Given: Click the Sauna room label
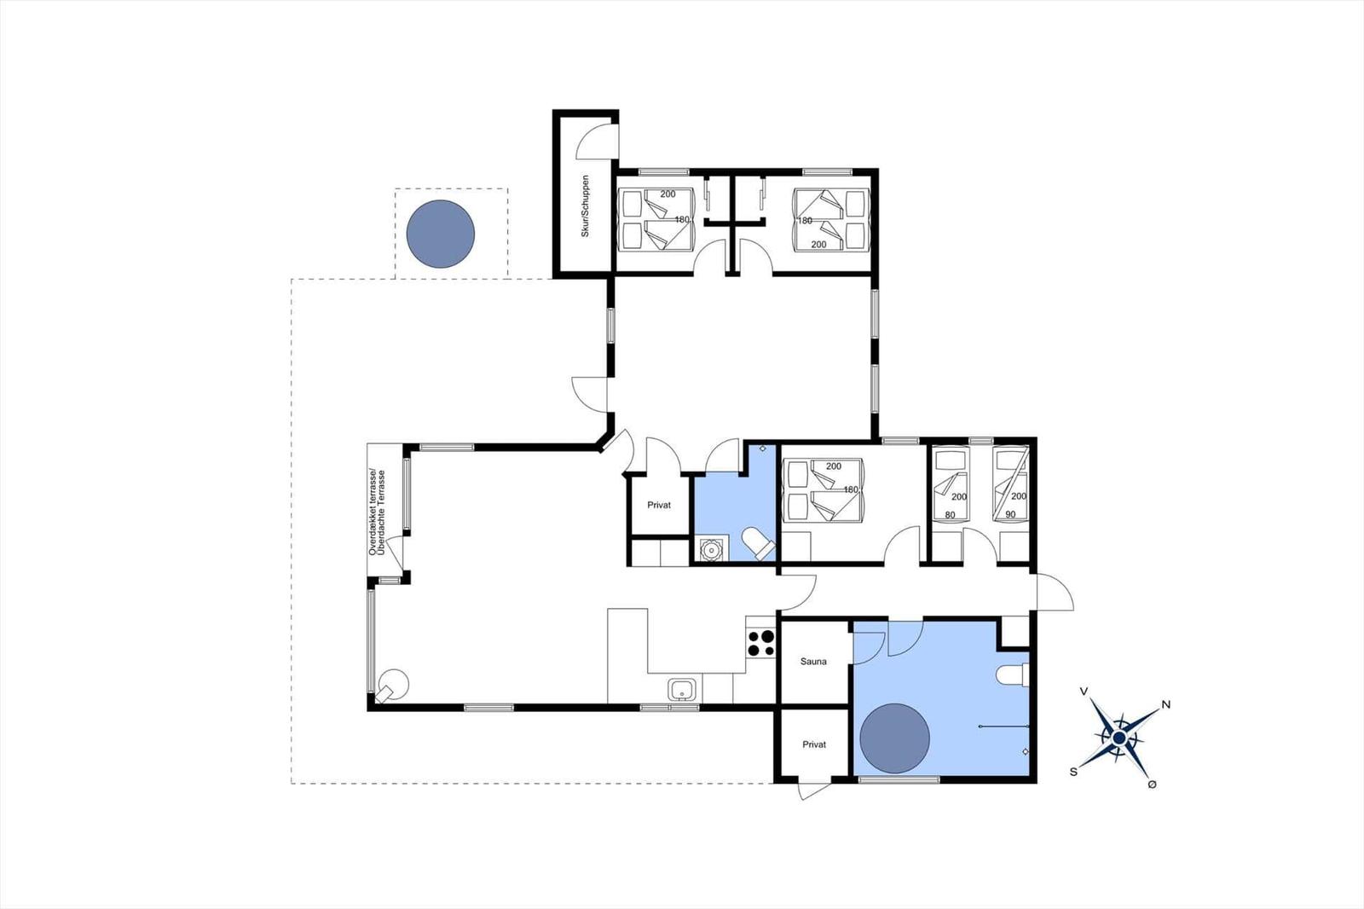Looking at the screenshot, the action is [x=813, y=661].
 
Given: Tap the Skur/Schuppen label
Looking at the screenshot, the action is [x=585, y=206].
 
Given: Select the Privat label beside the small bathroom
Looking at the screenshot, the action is [x=659, y=505].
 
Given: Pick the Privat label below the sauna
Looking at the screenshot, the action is [x=814, y=744].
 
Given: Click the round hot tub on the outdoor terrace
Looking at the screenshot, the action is [x=440, y=234].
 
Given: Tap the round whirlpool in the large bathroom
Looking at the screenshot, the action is [x=894, y=738].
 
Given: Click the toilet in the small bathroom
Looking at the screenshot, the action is [x=759, y=543].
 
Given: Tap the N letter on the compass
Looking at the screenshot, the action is [x=1166, y=705].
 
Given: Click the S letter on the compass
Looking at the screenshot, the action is [x=1073, y=772].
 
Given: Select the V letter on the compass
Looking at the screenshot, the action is [x=1084, y=691].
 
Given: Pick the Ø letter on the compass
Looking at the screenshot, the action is [x=1152, y=785].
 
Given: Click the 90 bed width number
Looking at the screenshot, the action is [x=1010, y=515].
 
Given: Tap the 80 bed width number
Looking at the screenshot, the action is [x=950, y=515].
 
